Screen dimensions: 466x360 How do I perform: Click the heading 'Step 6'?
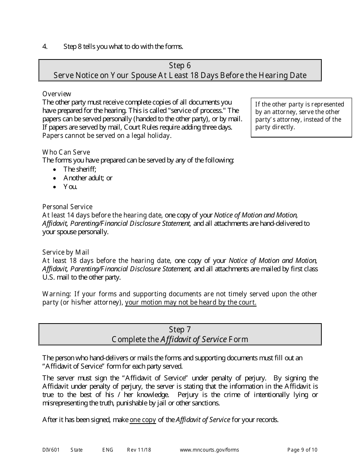(180, 66)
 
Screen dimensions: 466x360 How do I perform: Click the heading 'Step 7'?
(180, 330)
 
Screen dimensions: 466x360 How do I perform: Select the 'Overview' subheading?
(56, 94)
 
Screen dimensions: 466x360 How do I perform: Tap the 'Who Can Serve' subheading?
(66, 152)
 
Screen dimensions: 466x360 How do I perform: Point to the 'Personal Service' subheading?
(67, 207)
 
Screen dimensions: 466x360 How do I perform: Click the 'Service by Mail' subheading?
(66, 252)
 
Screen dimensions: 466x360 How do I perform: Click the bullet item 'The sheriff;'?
(80, 169)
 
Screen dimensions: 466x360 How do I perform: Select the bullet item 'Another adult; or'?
(88, 178)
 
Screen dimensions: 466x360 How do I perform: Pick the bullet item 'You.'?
(70, 187)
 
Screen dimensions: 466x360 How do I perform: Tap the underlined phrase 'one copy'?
(143, 420)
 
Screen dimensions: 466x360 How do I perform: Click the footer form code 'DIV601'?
(49, 450)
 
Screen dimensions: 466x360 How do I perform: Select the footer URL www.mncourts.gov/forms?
(209, 450)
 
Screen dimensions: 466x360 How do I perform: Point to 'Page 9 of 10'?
(302, 450)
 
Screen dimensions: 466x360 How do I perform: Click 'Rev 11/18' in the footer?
(139, 450)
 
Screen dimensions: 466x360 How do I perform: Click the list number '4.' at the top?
(45, 47)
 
